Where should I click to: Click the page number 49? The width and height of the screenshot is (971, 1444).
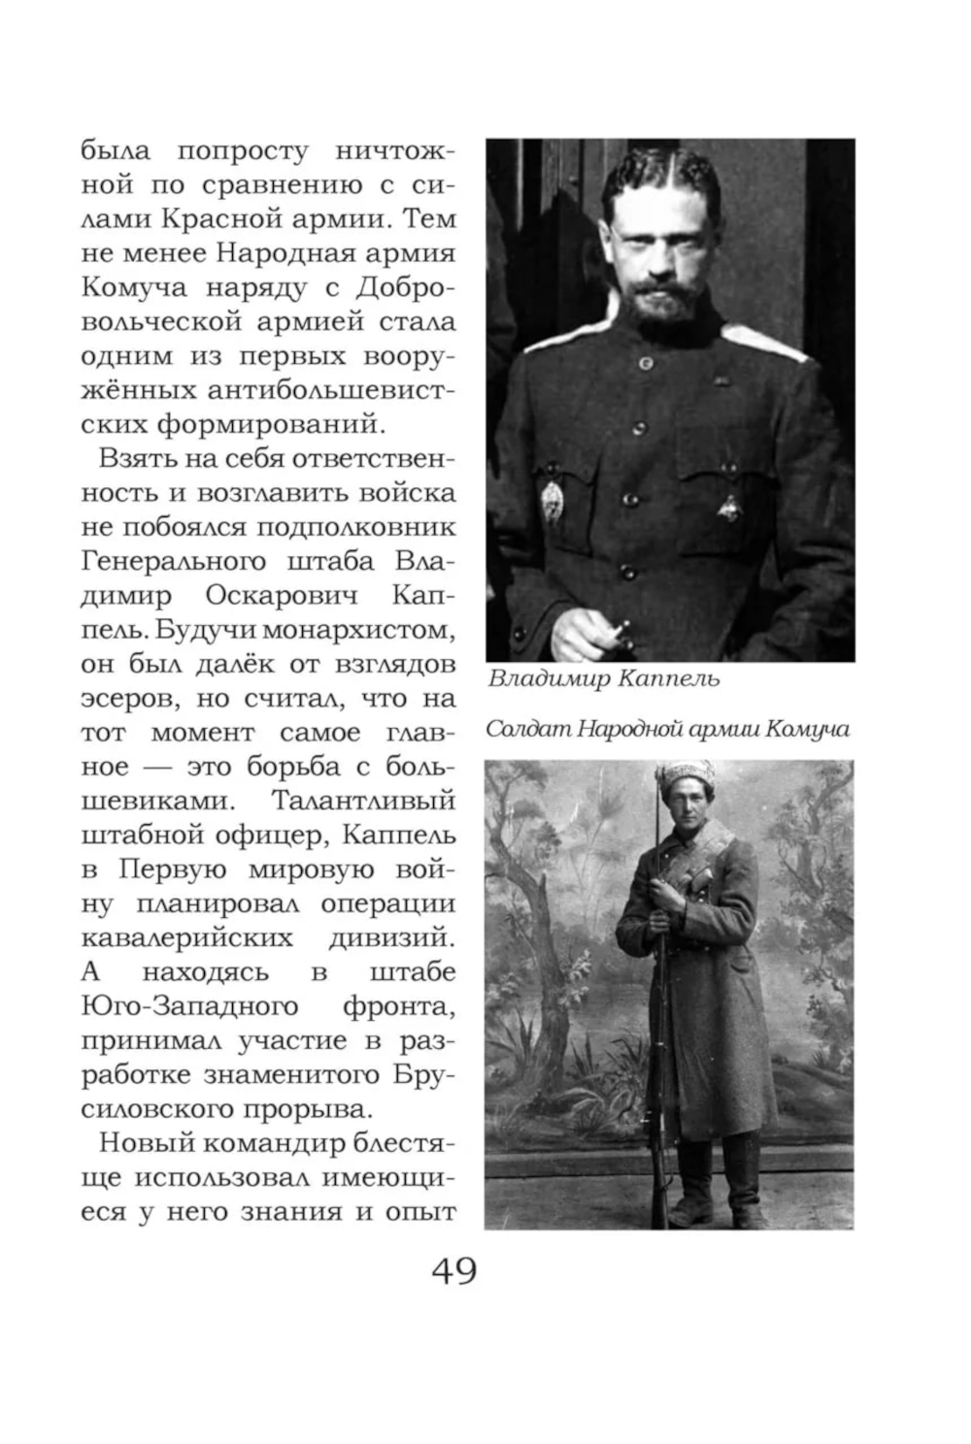coord(453,1270)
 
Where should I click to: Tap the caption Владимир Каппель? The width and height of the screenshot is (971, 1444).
coord(603,678)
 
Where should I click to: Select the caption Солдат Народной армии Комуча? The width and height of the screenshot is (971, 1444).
coord(668,729)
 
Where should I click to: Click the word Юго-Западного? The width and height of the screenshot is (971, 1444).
coord(189,1005)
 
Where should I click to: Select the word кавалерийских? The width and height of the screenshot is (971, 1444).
coord(186,937)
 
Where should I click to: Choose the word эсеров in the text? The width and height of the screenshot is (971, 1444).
coord(128,698)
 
